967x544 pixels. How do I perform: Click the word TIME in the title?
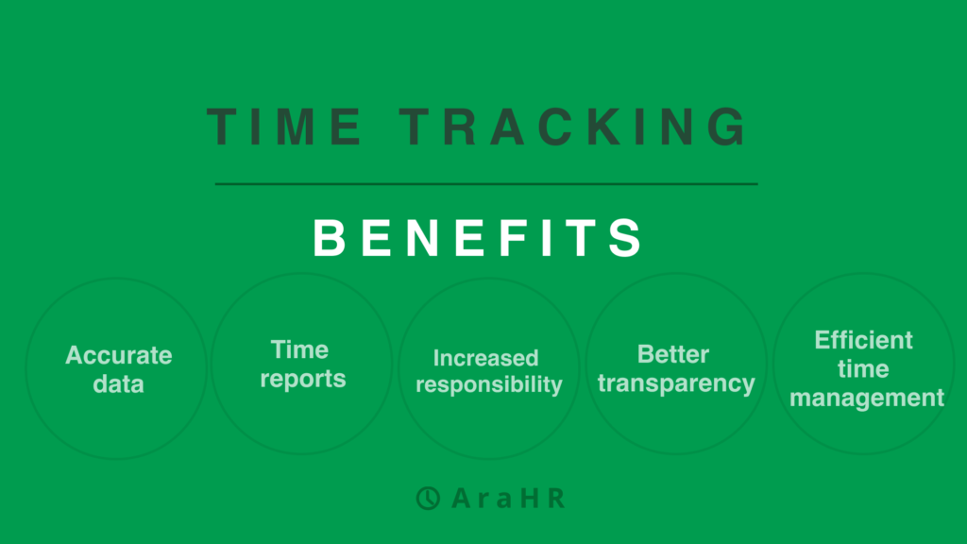(283, 127)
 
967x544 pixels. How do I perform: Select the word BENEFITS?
(478, 237)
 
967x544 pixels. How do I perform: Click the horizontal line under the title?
(486, 184)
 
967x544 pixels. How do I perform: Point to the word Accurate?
(119, 355)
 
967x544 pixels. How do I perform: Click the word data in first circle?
(118, 383)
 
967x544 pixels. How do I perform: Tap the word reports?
(303, 380)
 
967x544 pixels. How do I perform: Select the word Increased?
(486, 358)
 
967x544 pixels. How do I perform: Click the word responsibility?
(489, 385)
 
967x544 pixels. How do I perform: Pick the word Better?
(672, 354)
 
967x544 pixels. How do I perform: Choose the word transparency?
(676, 383)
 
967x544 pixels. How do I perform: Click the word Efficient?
(863, 340)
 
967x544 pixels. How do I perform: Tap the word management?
(867, 398)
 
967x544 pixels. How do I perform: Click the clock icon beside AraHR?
(428, 498)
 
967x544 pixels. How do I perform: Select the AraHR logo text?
(508, 498)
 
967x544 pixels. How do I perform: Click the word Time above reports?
(299, 349)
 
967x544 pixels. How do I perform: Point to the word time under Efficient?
(863, 369)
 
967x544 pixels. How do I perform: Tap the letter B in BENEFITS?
(330, 237)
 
